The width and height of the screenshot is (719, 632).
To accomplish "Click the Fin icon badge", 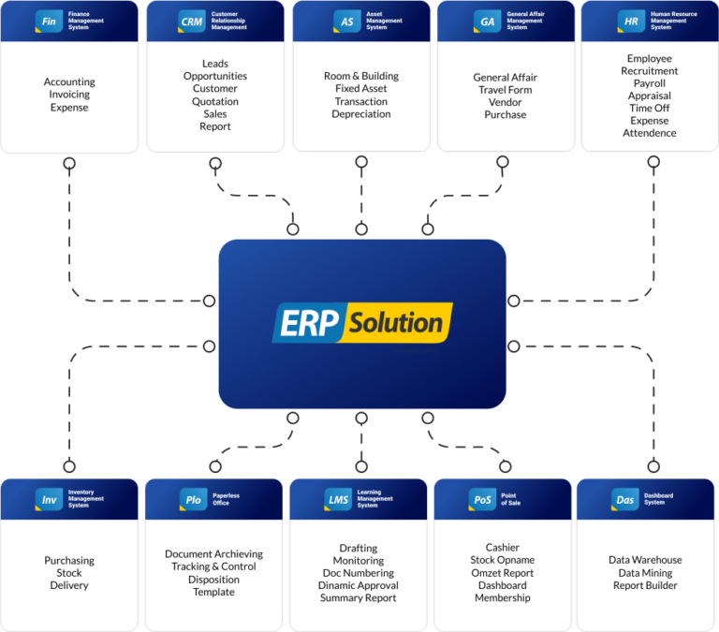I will point(49,21).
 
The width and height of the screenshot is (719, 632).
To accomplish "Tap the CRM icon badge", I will point(192,21).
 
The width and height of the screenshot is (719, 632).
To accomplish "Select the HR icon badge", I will point(630,21).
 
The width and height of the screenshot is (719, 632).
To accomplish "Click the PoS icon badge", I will point(481,500).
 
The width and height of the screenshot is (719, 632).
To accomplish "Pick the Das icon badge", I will point(624,500).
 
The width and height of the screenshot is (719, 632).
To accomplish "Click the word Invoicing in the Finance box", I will point(69,95).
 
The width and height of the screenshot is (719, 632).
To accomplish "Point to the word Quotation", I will point(215,101).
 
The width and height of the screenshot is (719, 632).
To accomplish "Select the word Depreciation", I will point(360,114).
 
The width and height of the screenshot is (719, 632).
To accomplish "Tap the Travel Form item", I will point(505,90).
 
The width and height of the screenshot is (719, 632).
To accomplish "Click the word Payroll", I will point(649,83).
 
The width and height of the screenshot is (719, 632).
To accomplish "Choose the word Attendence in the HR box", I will point(649,133).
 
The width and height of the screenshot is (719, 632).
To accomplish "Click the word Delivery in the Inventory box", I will point(69,585).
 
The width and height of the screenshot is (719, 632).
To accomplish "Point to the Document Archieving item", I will point(213,554).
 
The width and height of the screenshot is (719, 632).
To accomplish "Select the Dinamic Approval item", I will point(358,585).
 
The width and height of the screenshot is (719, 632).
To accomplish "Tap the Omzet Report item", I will point(503,573).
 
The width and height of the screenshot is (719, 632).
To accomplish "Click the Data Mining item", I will point(645,573).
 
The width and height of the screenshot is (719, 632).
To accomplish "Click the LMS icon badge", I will point(338,500).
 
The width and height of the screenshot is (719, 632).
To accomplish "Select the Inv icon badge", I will point(49,500).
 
